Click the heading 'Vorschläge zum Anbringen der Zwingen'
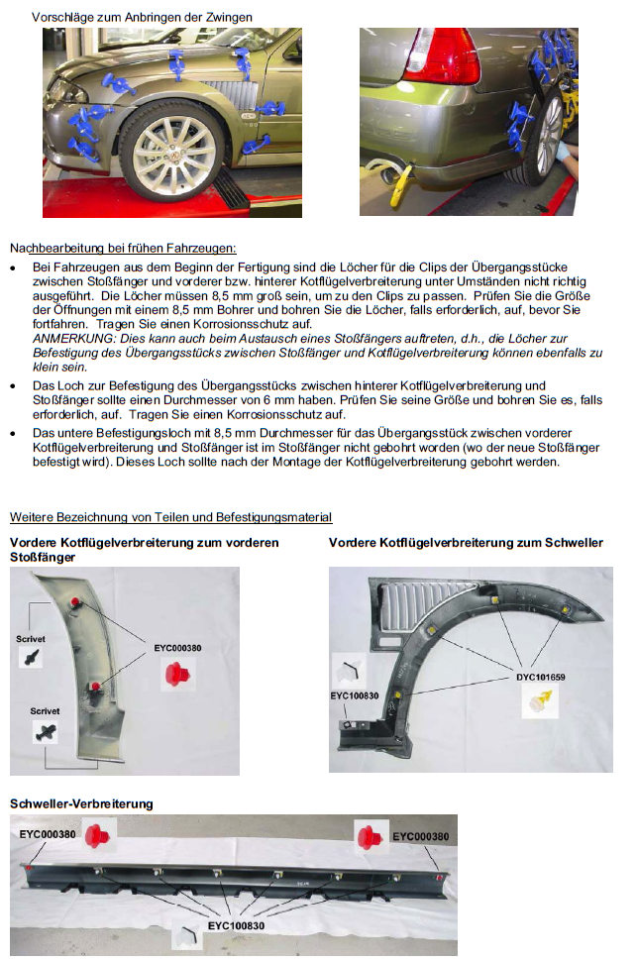142,17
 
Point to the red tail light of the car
443,50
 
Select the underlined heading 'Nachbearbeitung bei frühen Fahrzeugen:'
123,248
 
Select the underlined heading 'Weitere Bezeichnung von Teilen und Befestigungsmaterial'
170,517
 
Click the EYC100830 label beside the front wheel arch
356,695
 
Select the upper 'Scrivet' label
31,639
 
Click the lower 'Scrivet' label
46,711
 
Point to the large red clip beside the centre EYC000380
179,675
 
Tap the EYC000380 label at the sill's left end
48,835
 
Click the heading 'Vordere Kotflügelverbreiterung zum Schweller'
466,543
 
